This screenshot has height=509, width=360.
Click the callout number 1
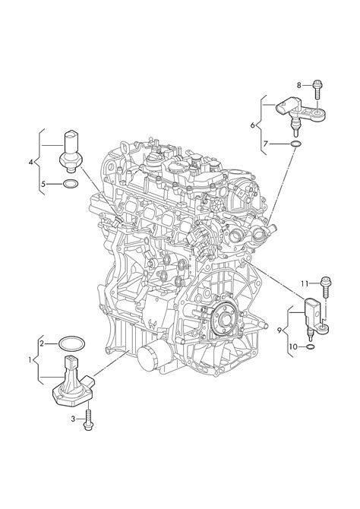click(x=30, y=359)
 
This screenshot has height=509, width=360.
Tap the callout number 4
click(x=31, y=162)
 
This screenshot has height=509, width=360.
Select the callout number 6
click(x=253, y=125)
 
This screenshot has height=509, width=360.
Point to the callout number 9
click(x=279, y=330)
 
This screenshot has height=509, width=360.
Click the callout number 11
click(x=304, y=283)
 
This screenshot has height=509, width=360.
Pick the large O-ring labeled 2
click(x=71, y=344)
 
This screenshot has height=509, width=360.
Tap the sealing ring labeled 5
click(x=71, y=185)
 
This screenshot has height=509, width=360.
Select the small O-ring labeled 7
click(x=295, y=144)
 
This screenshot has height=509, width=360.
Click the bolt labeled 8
click(x=317, y=90)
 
